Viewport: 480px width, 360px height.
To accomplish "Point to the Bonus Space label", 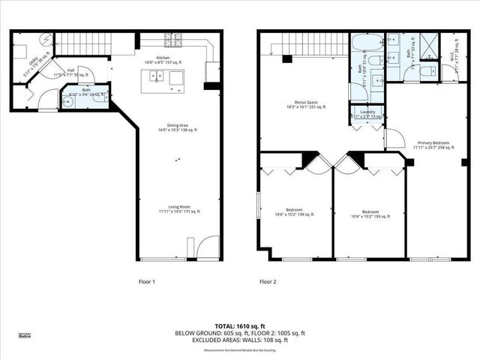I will click(305, 104).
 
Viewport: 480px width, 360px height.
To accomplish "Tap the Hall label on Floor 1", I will click(70, 72).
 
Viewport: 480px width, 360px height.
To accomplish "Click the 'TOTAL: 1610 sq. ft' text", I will click(240, 326).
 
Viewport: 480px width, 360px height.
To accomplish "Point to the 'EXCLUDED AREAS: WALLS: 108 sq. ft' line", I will click(240, 339).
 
